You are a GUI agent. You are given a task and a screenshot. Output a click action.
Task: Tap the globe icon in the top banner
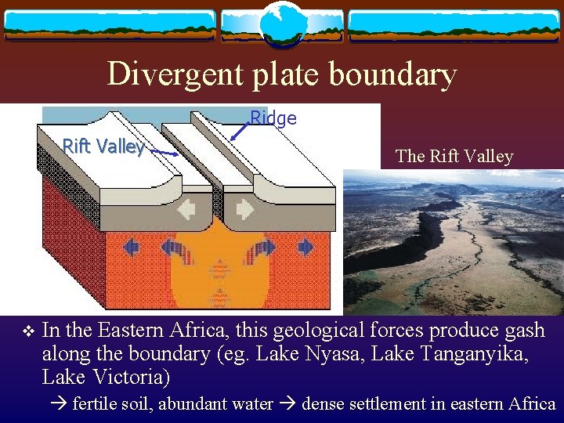281,23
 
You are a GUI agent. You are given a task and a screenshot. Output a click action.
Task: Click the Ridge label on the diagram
273,118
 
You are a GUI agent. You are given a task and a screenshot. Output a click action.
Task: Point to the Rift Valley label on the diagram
103,146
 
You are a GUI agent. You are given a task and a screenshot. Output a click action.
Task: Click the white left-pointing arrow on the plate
189,210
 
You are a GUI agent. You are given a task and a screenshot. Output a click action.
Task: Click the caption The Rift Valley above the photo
454,156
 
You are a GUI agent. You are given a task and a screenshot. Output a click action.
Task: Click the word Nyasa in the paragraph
332,354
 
